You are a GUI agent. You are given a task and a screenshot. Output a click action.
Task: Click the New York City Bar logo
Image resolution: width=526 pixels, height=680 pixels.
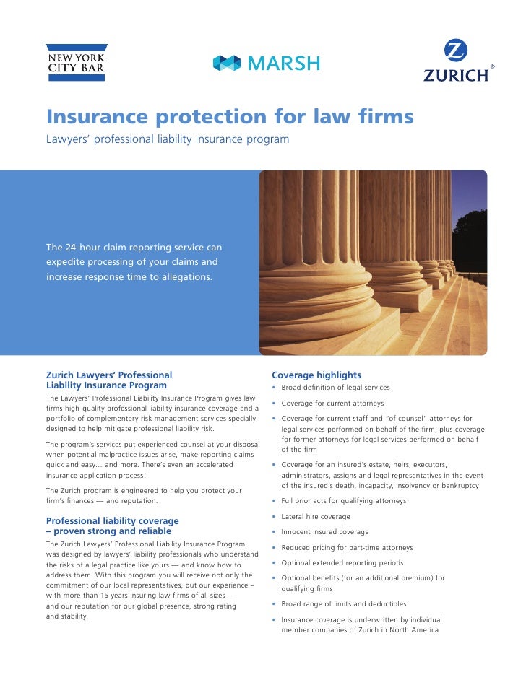point(76,62)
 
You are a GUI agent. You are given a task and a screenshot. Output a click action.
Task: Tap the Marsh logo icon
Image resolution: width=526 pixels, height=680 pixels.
point(226,64)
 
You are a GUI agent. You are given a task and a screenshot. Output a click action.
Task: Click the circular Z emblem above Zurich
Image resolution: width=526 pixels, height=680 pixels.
point(455,51)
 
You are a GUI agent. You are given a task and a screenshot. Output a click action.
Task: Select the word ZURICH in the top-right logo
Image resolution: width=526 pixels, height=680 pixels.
point(455,74)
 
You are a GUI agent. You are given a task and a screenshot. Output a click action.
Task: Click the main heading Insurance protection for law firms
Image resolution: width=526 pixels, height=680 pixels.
point(230,117)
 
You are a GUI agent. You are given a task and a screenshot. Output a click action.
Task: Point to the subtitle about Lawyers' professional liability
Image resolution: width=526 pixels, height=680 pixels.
point(168,139)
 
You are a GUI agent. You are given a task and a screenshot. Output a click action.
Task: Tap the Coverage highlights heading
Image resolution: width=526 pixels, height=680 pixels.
point(316,375)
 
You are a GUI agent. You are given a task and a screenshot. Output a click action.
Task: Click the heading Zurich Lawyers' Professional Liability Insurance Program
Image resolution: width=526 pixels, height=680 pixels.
point(109,380)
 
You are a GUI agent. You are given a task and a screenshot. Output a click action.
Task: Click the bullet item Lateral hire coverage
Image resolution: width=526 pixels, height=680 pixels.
point(316,517)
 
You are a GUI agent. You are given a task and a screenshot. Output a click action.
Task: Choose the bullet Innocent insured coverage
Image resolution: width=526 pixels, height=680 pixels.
point(324,532)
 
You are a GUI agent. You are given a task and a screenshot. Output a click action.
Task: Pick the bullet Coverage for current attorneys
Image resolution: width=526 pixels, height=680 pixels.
point(332,404)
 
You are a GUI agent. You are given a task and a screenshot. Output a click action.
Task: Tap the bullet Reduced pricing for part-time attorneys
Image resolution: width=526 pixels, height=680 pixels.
point(347,548)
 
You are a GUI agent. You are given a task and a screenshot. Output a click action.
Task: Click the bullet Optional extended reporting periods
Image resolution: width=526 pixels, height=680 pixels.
point(342,563)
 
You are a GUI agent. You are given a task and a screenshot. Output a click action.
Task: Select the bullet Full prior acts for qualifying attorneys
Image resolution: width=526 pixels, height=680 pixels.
point(343,501)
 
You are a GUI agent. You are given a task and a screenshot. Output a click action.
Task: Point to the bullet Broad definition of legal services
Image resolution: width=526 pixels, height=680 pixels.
point(335,388)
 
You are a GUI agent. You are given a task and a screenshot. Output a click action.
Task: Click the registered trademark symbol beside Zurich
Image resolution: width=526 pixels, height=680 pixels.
point(493,67)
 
